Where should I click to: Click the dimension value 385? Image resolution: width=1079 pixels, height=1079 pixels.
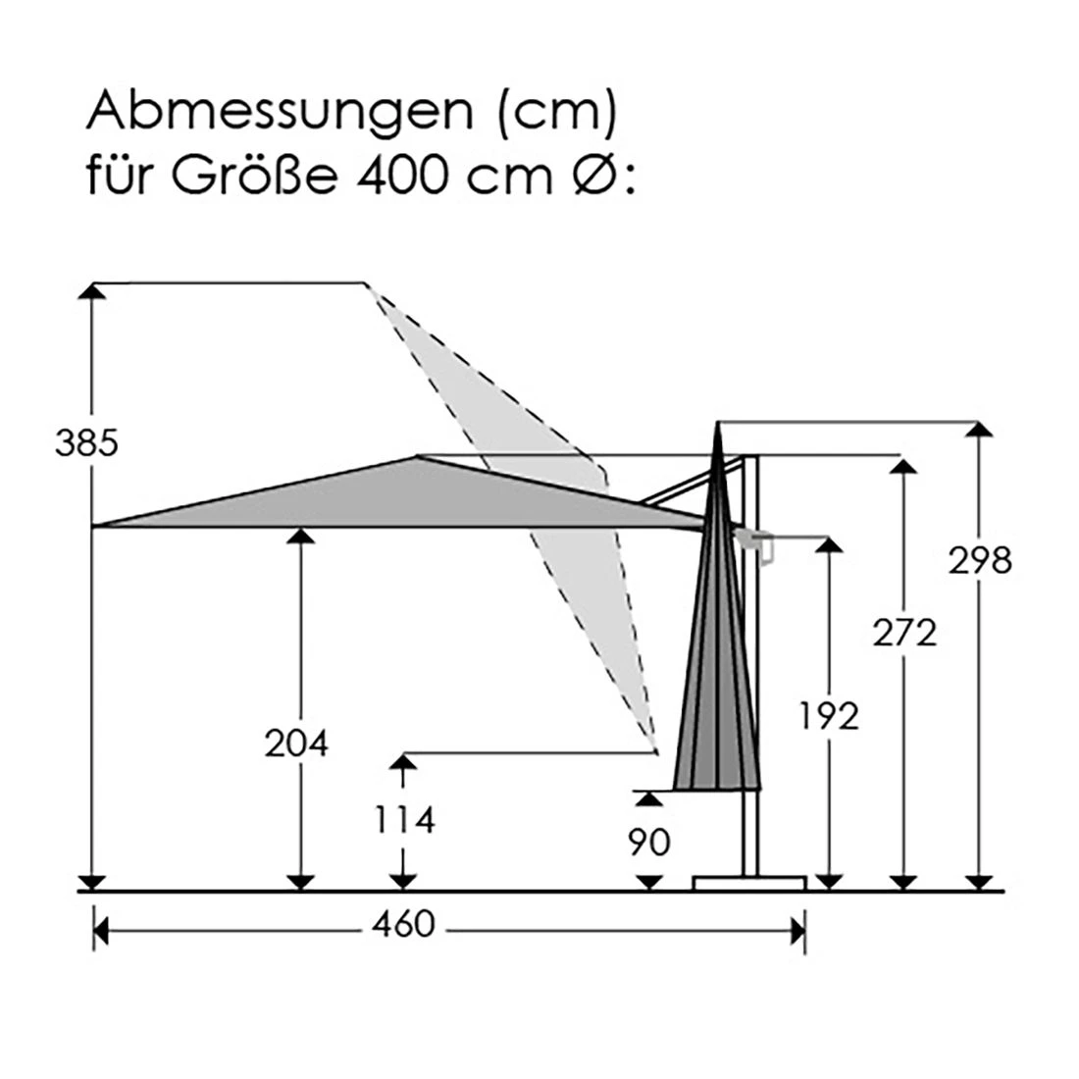pos(86,444)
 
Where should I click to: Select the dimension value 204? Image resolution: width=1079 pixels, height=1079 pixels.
pos(296,745)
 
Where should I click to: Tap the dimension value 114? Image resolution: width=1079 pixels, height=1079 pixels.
pos(402,818)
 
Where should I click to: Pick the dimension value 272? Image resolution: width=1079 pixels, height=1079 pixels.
pos(904,634)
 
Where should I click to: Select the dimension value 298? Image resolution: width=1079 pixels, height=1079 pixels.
pos(979,561)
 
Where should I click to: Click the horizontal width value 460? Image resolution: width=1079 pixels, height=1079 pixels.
pos(402,924)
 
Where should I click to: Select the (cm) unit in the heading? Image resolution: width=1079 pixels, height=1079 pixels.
pos(556,114)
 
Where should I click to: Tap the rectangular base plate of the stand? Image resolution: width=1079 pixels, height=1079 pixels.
pos(748,883)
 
